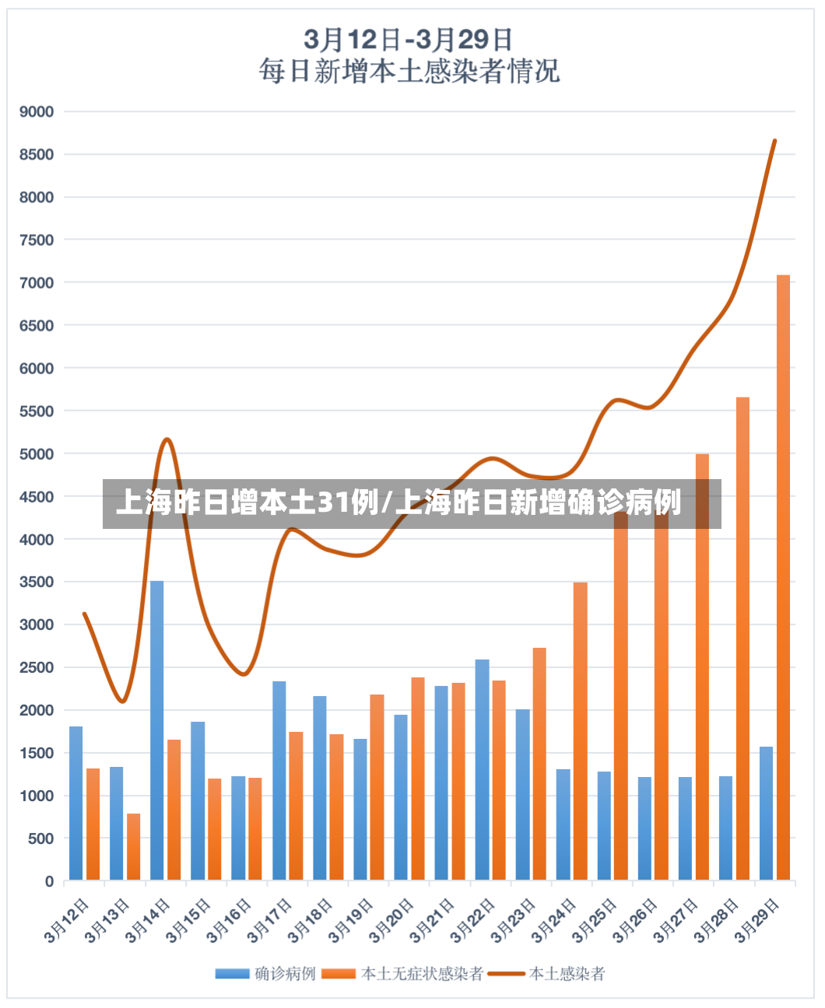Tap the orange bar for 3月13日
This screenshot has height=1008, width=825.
click(133, 846)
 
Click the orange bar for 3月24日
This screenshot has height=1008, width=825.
click(580, 731)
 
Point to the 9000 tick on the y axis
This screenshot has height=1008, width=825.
click(37, 112)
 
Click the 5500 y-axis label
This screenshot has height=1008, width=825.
click(37, 411)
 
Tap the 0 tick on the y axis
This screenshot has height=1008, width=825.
click(49, 880)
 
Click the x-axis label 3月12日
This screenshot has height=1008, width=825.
click(66, 921)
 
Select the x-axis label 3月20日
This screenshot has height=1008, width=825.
click(391, 921)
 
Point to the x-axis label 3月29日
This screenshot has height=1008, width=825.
click(757, 921)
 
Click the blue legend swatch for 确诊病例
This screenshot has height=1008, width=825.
click(233, 974)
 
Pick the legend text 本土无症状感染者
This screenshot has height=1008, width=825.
click(422, 974)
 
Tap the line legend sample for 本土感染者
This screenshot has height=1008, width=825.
click(506, 974)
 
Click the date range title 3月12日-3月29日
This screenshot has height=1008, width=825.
click(408, 39)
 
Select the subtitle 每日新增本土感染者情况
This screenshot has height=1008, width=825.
click(409, 72)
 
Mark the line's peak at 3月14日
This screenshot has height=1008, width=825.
click(167, 439)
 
